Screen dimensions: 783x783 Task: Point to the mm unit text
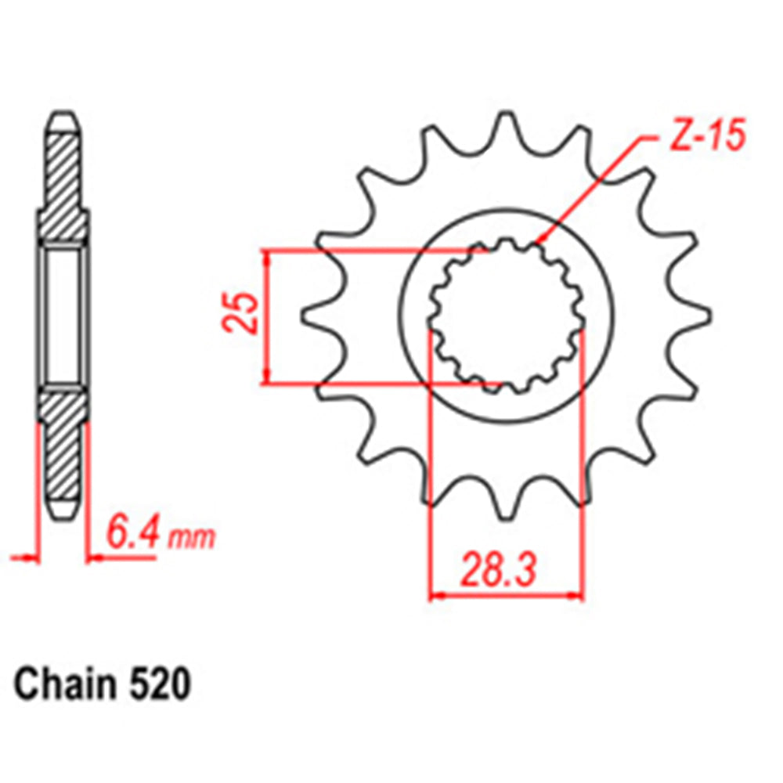pos(191,539)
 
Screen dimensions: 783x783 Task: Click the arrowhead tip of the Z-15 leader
pos(534,244)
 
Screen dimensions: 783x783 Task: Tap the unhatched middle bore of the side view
pos(63,316)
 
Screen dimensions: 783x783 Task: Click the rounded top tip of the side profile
pos(63,117)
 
